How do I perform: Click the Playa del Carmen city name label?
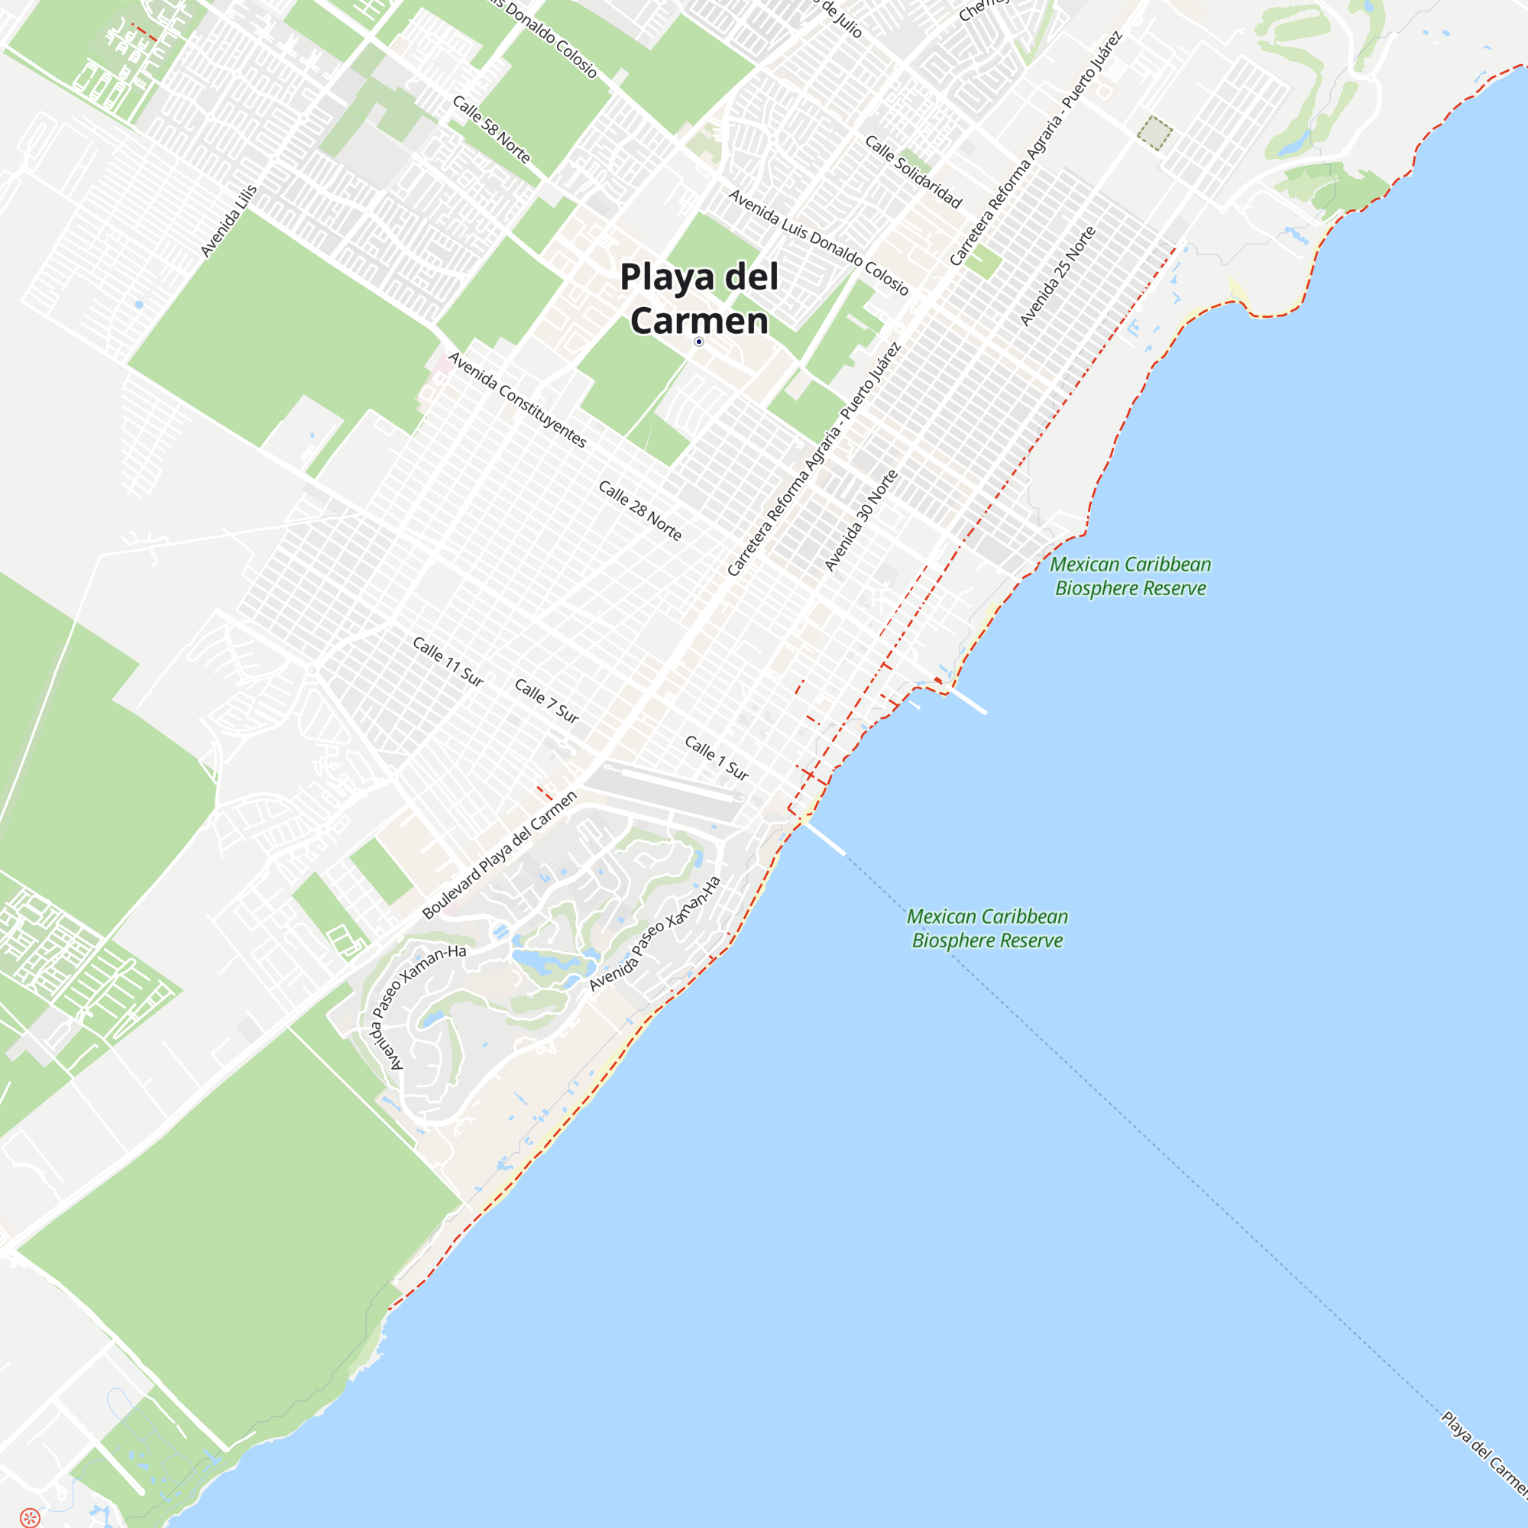click(699, 298)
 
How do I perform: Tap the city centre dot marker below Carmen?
click(699, 342)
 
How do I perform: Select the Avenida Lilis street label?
click(228, 222)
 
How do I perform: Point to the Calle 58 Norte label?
click(491, 129)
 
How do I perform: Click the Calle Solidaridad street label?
click(914, 172)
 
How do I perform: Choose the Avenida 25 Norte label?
click(1057, 276)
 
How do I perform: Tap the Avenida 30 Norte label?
click(861, 520)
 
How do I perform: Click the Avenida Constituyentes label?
click(517, 400)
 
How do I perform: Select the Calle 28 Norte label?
click(639, 510)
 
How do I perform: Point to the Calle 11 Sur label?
click(448, 661)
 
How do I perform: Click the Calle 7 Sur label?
click(546, 700)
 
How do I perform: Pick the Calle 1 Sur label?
click(717, 758)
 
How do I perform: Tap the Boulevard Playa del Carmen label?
click(500, 855)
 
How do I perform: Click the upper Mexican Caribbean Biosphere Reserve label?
click(1130, 576)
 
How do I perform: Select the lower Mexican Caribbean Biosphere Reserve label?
click(987, 927)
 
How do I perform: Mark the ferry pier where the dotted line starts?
click(824, 837)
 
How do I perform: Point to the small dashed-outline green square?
click(1154, 133)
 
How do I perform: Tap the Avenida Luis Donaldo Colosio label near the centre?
click(817, 242)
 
